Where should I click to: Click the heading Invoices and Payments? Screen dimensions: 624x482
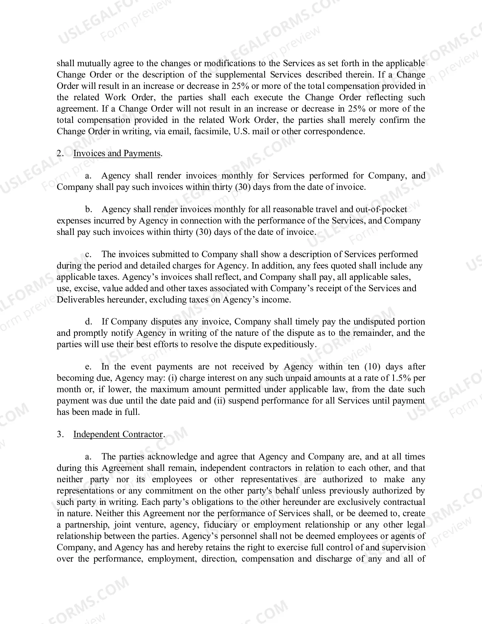coord(117,154)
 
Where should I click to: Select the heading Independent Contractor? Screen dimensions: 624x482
coord(118,434)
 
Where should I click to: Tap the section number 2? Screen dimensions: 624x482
coord(60,154)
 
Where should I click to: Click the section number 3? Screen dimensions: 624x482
coord(60,434)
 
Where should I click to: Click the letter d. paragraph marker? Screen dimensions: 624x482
coord(89,322)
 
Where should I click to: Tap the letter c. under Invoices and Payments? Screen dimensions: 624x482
coord(89,254)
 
